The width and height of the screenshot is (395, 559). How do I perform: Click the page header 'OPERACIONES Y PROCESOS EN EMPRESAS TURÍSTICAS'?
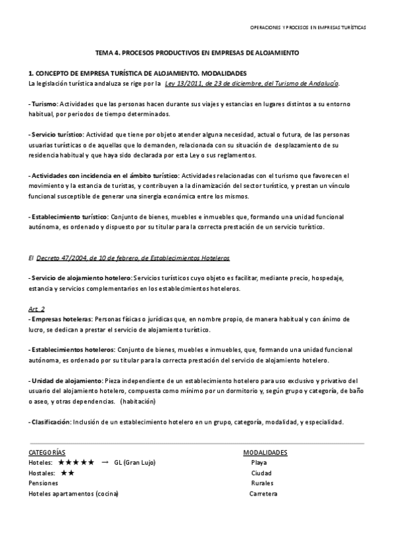click(x=307, y=28)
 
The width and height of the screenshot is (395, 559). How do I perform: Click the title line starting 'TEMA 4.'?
click(x=197, y=51)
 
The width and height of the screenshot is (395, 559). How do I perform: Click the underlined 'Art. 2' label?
click(x=37, y=308)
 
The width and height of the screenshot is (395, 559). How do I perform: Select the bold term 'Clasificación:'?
click(x=51, y=422)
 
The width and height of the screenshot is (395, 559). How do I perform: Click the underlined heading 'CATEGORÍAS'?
click(x=47, y=453)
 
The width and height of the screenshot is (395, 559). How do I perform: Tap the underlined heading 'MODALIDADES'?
click(x=265, y=453)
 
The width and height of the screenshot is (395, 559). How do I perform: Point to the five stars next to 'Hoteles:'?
click(x=76, y=463)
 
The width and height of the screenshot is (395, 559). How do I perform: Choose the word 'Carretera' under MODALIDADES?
click(x=263, y=494)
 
